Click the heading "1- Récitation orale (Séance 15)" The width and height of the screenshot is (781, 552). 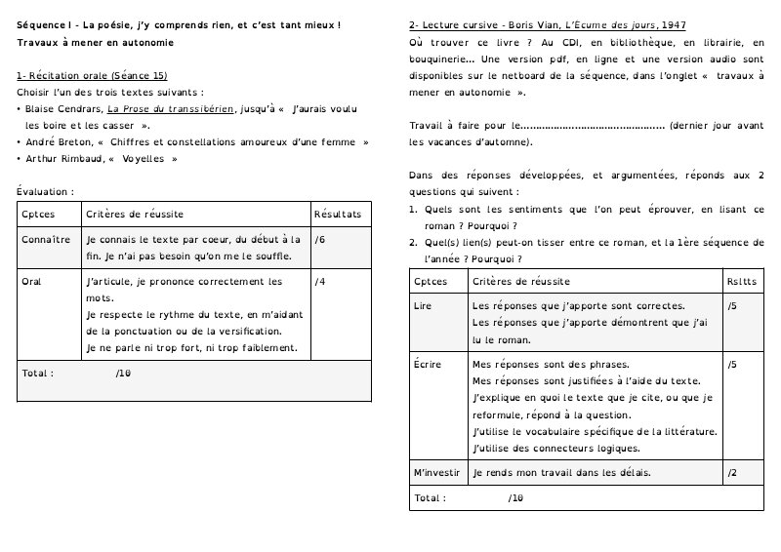pyautogui.click(x=93, y=75)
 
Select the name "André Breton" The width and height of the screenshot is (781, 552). pyautogui.click(x=58, y=142)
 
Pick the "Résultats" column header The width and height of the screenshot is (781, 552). pyautogui.click(x=338, y=214)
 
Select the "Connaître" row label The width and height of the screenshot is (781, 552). pyautogui.click(x=46, y=239)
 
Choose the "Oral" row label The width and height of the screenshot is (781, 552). pyautogui.click(x=31, y=282)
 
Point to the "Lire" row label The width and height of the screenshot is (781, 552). pyautogui.click(x=423, y=306)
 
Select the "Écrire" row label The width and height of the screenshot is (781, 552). pyautogui.click(x=428, y=365)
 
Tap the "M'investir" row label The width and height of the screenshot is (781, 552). pyautogui.click(x=436, y=473)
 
